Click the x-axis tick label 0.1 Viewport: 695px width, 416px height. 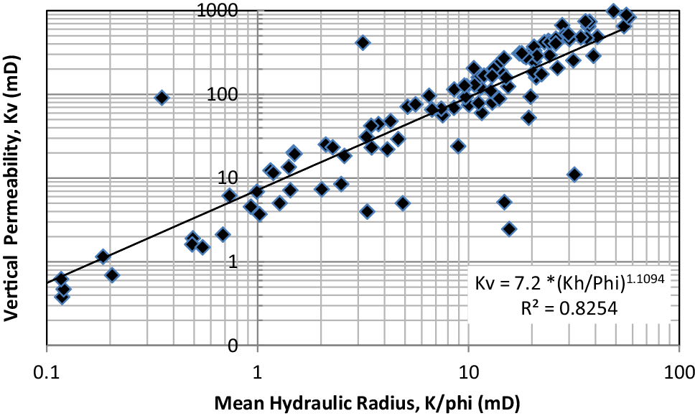(x=46, y=374)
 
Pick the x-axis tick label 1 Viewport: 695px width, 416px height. (x=257, y=374)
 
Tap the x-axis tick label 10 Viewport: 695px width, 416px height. (x=468, y=374)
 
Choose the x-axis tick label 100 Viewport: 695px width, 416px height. (x=679, y=374)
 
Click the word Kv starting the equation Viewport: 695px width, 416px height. (x=485, y=285)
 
